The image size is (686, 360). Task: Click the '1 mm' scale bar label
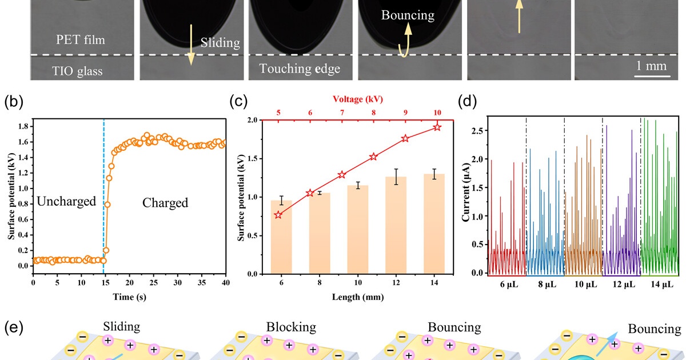tap(652, 66)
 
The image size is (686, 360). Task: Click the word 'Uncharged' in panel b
tap(66, 202)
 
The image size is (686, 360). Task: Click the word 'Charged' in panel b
tap(165, 202)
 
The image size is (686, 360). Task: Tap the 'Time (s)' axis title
tap(129, 297)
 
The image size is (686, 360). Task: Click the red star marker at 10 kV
tap(437, 127)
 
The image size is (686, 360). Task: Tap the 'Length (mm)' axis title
tap(357, 297)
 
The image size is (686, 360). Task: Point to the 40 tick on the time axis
tap(225, 283)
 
